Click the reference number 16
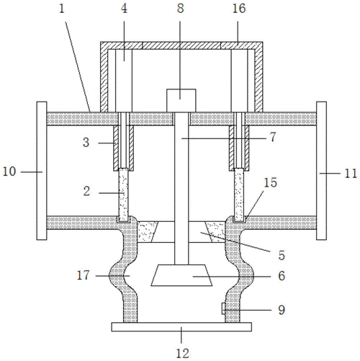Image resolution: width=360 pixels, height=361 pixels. click(239, 9)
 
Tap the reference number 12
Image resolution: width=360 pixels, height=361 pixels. click(183, 353)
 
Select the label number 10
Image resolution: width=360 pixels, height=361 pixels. click(9, 171)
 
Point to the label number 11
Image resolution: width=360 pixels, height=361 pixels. click(351, 174)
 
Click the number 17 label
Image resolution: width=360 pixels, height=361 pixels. click(83, 275)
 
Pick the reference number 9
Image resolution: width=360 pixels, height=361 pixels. click(282, 310)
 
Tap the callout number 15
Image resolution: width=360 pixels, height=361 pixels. click(271, 182)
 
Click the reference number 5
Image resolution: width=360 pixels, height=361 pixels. click(282, 255)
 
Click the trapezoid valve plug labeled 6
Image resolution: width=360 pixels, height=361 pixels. click(181, 275)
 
